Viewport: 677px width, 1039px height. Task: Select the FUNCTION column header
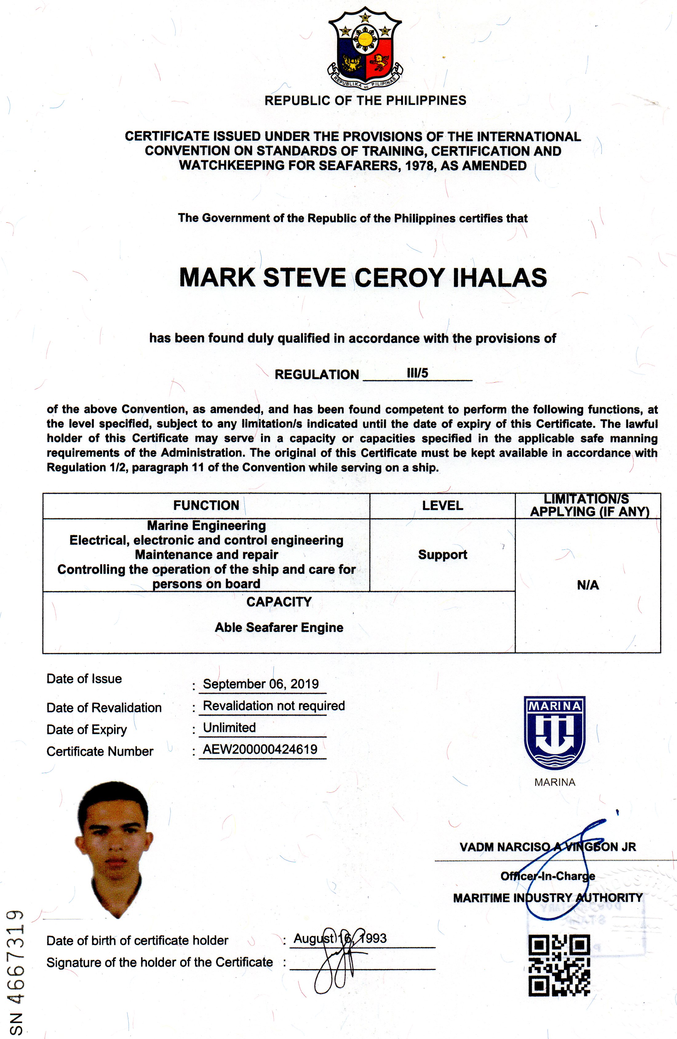tap(206, 506)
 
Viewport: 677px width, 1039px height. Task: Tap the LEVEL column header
tap(442, 506)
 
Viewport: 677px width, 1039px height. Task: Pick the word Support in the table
tap(442, 555)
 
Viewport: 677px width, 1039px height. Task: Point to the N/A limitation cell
tap(587, 585)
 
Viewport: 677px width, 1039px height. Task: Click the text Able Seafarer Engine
tap(279, 627)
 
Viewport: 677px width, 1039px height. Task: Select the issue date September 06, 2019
tap(261, 684)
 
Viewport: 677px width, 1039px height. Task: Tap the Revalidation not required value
tap(274, 706)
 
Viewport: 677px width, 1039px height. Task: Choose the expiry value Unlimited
tap(229, 727)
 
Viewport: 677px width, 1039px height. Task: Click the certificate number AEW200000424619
tap(260, 749)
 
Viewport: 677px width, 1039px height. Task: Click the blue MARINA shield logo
tap(554, 732)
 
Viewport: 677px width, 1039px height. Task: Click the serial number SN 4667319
tap(16, 972)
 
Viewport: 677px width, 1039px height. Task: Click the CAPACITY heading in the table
tap(279, 602)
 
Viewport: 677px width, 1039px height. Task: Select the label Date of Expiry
tap(86, 730)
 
